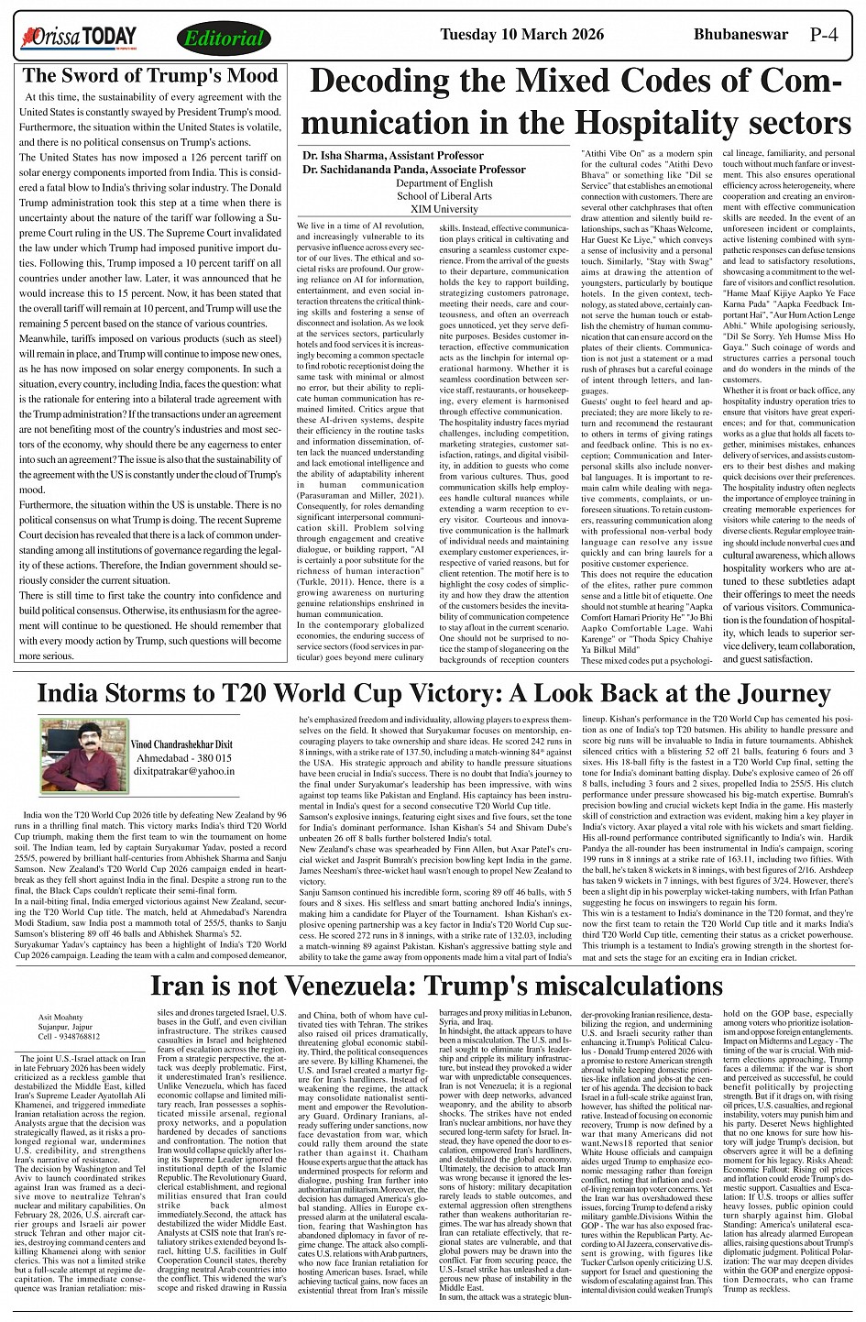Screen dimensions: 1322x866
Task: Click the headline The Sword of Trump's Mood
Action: point(149,76)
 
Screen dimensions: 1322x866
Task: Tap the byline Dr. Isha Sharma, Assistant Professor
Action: point(393,156)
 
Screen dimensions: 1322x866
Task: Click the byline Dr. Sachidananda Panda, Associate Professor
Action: point(414,170)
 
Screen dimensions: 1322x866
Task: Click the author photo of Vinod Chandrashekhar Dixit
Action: point(78,750)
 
